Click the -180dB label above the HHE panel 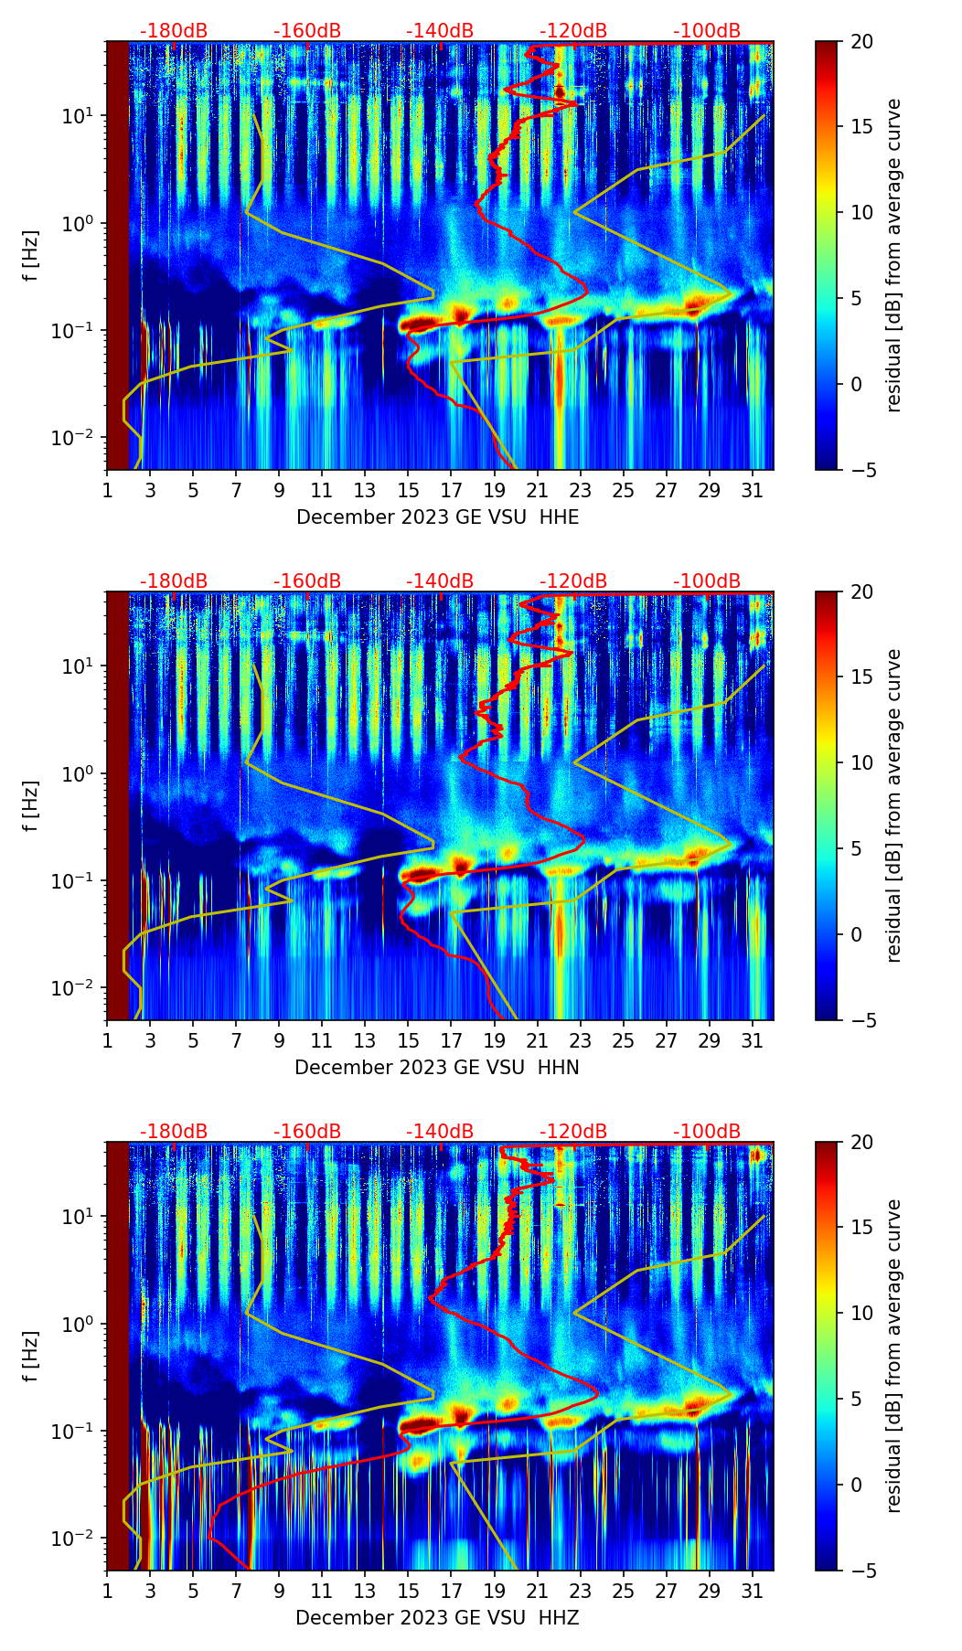point(174,31)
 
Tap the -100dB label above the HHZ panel point(707,1132)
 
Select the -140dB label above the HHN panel point(440,581)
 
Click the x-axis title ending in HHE point(437,517)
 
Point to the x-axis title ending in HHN point(436,1068)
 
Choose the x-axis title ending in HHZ point(436,1618)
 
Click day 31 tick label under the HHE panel point(753,490)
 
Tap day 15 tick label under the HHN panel point(408,1040)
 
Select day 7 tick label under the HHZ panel point(236,1591)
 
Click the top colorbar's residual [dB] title point(893,255)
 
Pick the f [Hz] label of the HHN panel point(31,805)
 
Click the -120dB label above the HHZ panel point(573,1132)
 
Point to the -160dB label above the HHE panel point(307,31)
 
